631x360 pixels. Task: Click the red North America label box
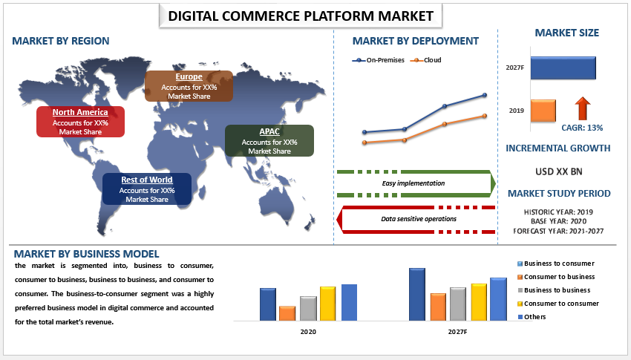80,122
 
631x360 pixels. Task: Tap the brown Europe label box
189,86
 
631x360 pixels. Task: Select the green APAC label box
269,141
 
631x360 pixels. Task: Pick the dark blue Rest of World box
147,189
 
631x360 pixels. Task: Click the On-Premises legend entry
379,60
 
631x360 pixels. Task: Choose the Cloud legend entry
426,60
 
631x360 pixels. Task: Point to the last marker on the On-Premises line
485,95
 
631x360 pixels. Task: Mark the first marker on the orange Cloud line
364,143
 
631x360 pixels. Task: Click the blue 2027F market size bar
563,68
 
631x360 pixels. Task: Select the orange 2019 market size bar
543,111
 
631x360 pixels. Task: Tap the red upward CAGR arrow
582,108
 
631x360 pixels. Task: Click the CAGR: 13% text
582,128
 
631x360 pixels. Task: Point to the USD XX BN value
558,171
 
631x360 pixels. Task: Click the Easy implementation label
413,183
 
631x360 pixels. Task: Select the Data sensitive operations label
419,219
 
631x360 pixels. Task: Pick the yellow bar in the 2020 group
328,304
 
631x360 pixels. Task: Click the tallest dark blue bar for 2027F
417,295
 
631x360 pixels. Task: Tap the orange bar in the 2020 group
287,313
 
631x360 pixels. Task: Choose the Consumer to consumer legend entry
558,304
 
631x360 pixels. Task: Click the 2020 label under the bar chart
308,332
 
